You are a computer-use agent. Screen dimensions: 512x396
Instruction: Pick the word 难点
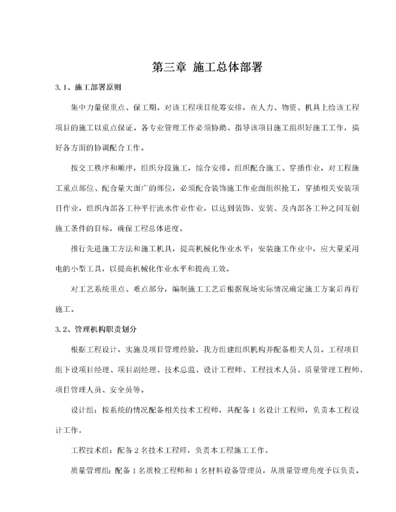pos(155,289)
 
